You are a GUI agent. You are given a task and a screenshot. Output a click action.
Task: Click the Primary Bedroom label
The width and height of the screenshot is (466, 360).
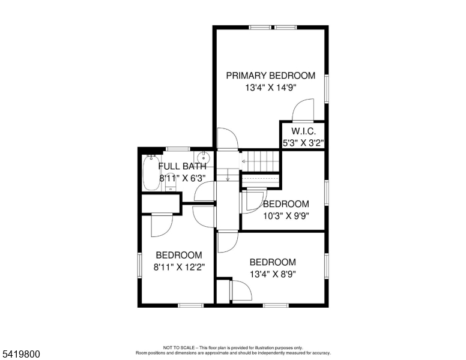point(270,76)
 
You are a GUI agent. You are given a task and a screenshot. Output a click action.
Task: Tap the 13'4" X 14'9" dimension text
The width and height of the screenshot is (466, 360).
point(271,88)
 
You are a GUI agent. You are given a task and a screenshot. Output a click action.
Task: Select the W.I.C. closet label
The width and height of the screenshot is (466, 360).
point(303,131)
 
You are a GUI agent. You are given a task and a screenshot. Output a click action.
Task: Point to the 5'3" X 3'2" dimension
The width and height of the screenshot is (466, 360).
point(303,143)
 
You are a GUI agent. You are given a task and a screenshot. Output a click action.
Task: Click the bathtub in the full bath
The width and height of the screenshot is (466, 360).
point(151,173)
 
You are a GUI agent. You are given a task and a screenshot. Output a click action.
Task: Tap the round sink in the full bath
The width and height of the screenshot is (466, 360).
point(203,157)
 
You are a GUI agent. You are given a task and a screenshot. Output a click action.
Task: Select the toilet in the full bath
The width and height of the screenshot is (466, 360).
point(171,182)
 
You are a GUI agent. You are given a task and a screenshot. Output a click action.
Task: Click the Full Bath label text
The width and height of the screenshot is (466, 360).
point(182,166)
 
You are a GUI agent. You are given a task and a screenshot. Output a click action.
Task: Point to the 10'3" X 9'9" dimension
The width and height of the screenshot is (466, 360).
point(286,216)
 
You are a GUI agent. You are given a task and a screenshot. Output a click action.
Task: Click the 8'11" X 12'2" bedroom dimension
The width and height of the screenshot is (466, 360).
point(179,268)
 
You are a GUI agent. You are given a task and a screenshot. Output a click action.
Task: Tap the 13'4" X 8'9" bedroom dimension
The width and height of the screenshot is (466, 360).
point(273,274)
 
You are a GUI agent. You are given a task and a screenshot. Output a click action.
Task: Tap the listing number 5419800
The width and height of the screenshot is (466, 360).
point(21,355)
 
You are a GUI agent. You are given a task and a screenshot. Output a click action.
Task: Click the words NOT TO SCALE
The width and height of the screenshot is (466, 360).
point(179,347)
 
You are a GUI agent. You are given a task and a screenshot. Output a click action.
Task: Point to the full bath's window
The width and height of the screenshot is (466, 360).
point(178,149)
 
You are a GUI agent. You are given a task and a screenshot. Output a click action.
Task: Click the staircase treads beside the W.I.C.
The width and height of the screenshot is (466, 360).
point(261,161)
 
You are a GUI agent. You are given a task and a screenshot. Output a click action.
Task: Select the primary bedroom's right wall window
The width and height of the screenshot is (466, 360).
point(327,89)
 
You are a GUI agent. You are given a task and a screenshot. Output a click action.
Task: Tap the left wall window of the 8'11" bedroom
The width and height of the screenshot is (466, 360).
point(139,265)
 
